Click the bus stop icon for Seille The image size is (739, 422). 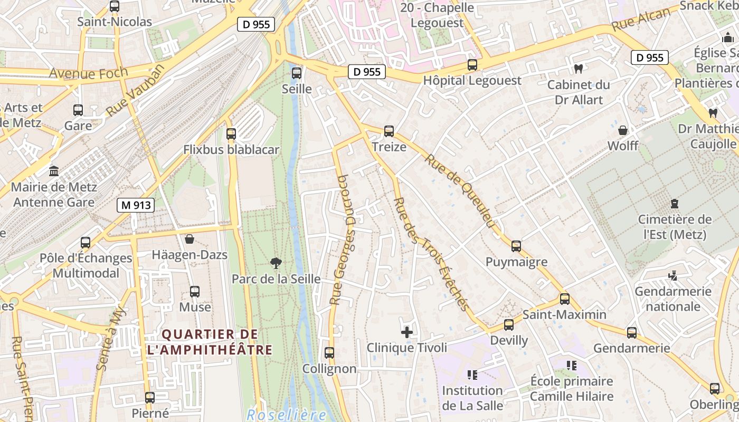[x=297, y=73]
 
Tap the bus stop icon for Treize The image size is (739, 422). [x=389, y=131]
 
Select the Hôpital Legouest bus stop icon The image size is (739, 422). [x=472, y=65]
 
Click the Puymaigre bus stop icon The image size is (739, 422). [x=516, y=246]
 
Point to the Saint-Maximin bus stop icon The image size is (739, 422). [x=565, y=299]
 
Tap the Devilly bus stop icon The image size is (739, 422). [x=509, y=325]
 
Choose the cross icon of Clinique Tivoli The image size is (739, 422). [x=407, y=332]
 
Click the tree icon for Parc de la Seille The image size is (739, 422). [x=276, y=263]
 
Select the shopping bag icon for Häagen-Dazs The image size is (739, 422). [x=190, y=239]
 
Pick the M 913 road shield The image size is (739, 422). [x=136, y=206]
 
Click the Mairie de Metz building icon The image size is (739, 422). [x=54, y=171]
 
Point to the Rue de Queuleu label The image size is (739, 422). [x=460, y=192]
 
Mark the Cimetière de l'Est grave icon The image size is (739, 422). [x=674, y=203]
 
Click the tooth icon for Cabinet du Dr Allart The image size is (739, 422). [x=579, y=69]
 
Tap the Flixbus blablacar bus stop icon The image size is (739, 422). [x=231, y=134]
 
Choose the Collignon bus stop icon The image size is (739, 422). [x=329, y=353]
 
